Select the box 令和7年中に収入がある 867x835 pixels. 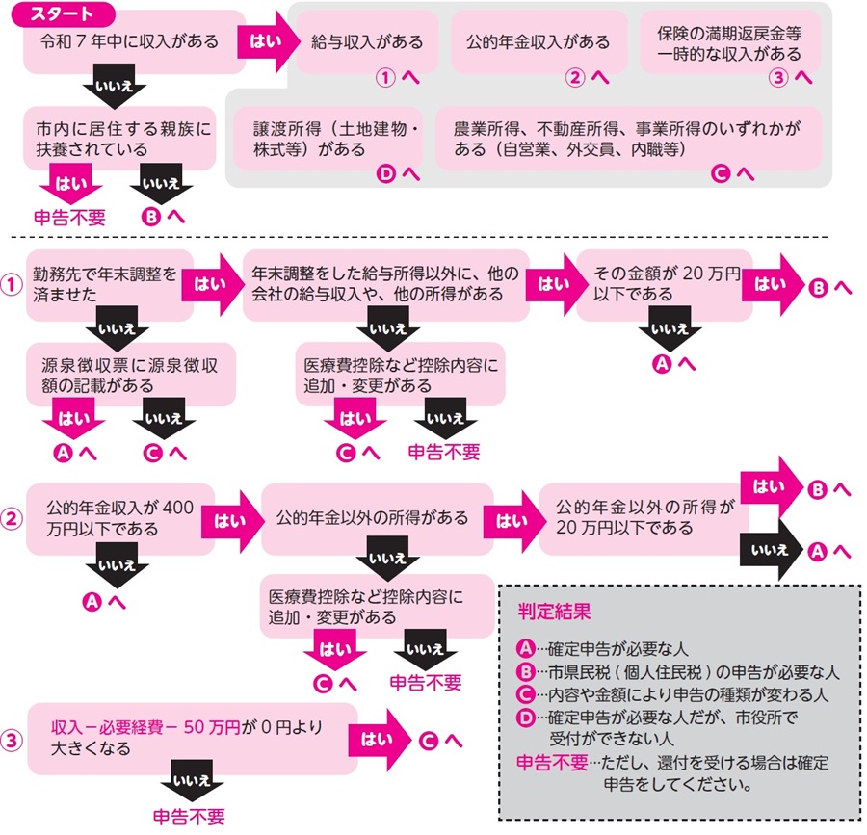(x=130, y=42)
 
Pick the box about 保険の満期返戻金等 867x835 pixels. (x=729, y=43)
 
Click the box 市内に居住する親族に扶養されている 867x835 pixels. (x=119, y=138)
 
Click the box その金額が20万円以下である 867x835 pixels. (x=663, y=284)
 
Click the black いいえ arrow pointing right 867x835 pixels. (x=770, y=550)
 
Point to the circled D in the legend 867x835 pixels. (x=525, y=717)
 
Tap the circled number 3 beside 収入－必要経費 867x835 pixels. (x=11, y=740)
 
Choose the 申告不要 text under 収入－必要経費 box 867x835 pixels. (x=189, y=817)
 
